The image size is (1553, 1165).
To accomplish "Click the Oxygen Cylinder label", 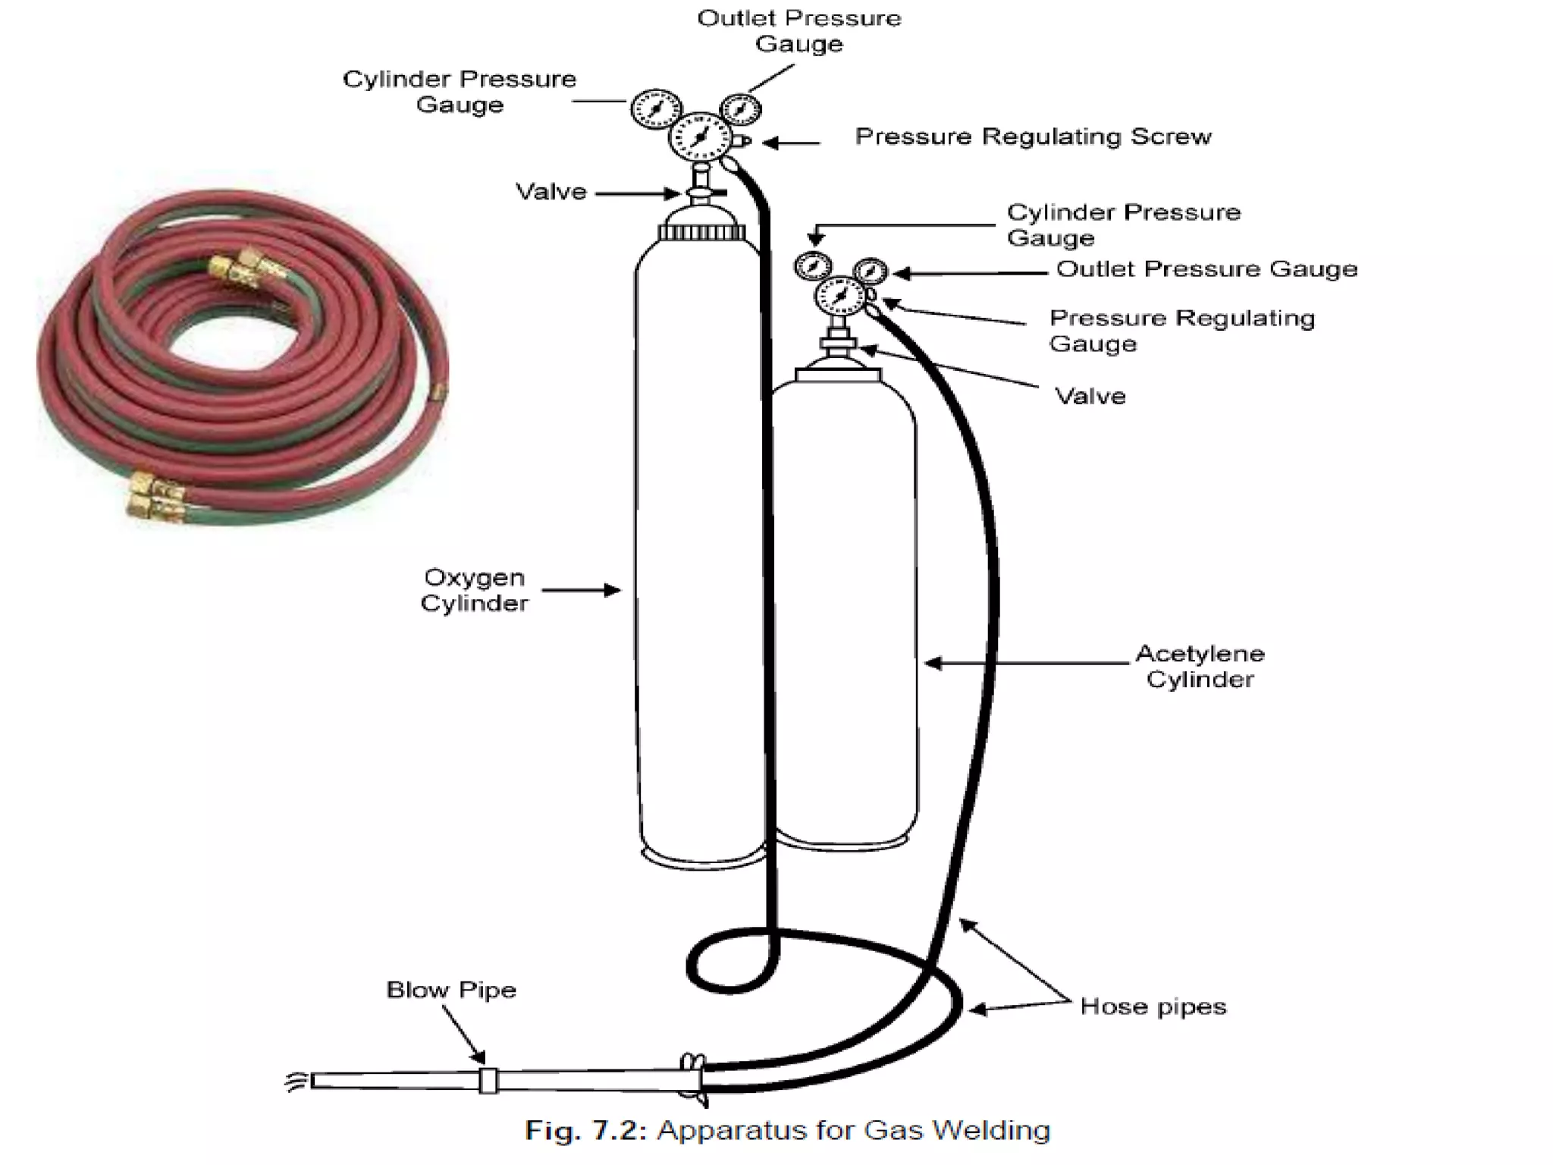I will pyautogui.click(x=474, y=590).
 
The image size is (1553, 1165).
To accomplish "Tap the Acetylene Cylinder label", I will pyautogui.click(x=1200, y=666).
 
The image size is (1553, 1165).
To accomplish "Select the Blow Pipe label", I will pyautogui.click(x=451, y=990).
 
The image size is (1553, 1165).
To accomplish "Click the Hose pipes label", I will pyautogui.click(x=1153, y=1006).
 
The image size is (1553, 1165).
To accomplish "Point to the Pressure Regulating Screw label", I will pyautogui.click(x=1033, y=137).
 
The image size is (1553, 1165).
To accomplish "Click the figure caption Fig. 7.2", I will pyautogui.click(x=787, y=1130).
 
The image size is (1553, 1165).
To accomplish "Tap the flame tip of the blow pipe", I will pyautogui.click(x=296, y=1081).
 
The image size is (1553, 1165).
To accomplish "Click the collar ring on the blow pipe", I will pyautogui.click(x=488, y=1080).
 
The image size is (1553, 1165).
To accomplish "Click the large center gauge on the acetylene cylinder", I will pyautogui.click(x=839, y=297).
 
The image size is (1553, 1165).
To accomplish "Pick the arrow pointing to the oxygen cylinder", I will pyautogui.click(x=581, y=590).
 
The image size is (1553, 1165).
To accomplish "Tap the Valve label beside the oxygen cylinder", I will pyautogui.click(x=551, y=192).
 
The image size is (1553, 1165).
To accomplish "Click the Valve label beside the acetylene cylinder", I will pyautogui.click(x=1090, y=396).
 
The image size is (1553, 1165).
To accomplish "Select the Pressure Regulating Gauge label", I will pyautogui.click(x=1181, y=330).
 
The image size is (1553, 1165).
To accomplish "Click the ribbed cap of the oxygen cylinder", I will pyautogui.click(x=702, y=231).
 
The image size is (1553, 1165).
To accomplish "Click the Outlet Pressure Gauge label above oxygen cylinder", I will pyautogui.click(x=798, y=31).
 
